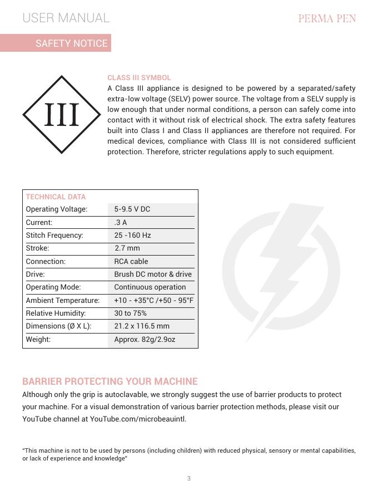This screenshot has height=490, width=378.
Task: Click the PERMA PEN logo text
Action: tap(327, 18)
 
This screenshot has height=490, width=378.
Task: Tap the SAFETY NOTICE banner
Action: tap(71, 43)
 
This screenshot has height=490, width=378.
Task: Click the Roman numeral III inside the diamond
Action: tap(61, 115)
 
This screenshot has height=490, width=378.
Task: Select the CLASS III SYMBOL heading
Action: tap(139, 77)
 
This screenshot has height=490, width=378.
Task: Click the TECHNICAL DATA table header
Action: tap(56, 197)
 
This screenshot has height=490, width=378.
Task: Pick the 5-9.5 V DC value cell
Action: tap(132, 209)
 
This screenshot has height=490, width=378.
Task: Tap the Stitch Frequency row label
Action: tap(54, 236)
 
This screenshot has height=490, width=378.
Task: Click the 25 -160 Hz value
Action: tap(132, 236)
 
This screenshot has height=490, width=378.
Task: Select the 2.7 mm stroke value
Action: tap(127, 248)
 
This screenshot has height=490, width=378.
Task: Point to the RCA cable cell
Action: tap(131, 261)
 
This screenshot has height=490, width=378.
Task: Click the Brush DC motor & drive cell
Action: tap(153, 275)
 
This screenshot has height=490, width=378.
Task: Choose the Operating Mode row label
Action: tap(53, 287)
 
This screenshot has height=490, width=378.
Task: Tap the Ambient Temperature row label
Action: tap(63, 301)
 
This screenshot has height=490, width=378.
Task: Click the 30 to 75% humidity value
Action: tap(131, 313)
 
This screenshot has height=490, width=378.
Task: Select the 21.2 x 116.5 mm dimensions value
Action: tap(142, 326)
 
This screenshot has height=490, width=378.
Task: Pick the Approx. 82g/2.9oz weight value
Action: tap(145, 339)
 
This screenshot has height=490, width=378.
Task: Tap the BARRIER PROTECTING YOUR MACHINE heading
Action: tap(110, 381)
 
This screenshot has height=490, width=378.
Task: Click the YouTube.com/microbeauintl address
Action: tap(138, 419)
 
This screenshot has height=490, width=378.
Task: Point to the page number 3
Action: tap(189, 478)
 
